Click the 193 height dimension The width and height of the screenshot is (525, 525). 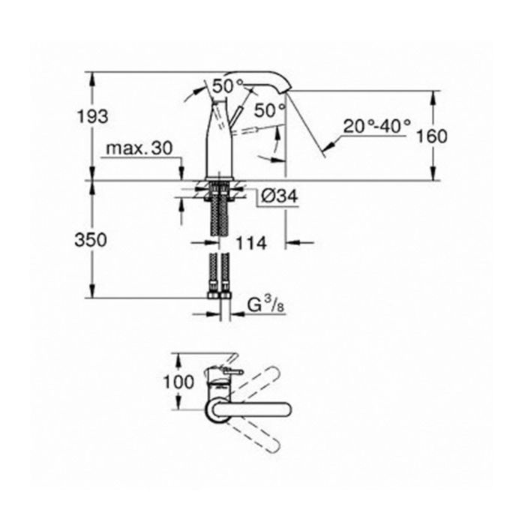tap(93, 116)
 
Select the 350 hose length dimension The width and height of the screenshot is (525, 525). tap(91, 240)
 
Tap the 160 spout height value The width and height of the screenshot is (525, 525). tap(432, 136)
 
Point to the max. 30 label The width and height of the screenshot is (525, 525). tap(139, 148)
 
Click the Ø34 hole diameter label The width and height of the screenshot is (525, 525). tap(278, 196)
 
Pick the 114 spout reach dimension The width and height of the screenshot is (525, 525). tap(251, 243)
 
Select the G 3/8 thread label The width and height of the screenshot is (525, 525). tap(266, 305)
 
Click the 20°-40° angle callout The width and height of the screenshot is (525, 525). tap(376, 127)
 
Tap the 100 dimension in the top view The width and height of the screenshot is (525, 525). tap(178, 382)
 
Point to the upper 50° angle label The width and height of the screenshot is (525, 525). tap(228, 86)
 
